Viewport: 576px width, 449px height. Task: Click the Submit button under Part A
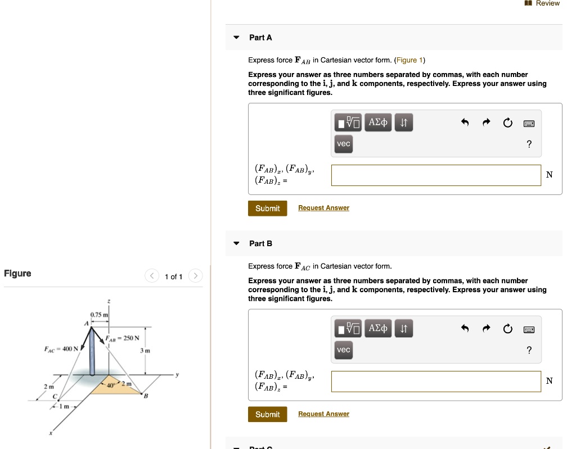[x=267, y=208]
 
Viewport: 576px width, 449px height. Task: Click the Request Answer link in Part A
[x=323, y=208]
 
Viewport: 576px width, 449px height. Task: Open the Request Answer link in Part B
[x=323, y=414]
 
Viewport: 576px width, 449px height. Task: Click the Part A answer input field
[x=436, y=175]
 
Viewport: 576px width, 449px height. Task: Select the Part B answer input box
[x=436, y=381]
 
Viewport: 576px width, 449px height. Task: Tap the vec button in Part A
[x=344, y=144]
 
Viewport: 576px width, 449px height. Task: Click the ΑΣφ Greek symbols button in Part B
[x=377, y=328]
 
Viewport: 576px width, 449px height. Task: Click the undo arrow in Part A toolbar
[x=465, y=123]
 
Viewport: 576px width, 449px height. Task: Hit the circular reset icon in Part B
[x=508, y=329]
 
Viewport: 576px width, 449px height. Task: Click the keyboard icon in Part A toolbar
[x=529, y=123]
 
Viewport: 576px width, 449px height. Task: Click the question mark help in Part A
[x=529, y=144]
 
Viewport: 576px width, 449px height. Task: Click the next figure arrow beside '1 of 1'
[x=195, y=276]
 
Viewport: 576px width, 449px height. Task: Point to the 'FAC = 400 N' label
[x=62, y=348]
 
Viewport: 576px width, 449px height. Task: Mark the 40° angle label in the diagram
[x=112, y=385]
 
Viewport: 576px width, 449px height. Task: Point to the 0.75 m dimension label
[x=99, y=315]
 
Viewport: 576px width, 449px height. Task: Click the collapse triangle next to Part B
[x=236, y=243]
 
